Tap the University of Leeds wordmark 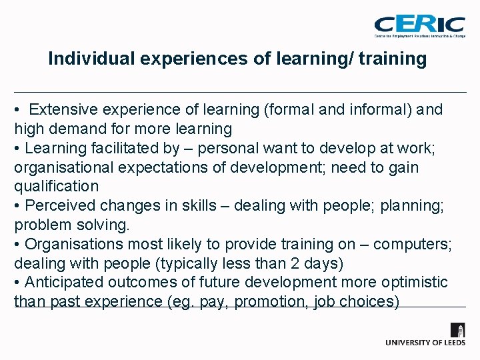[x=425, y=342]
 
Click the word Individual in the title [x=92, y=59]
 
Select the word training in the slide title [x=392, y=59]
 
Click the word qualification [x=56, y=186]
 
